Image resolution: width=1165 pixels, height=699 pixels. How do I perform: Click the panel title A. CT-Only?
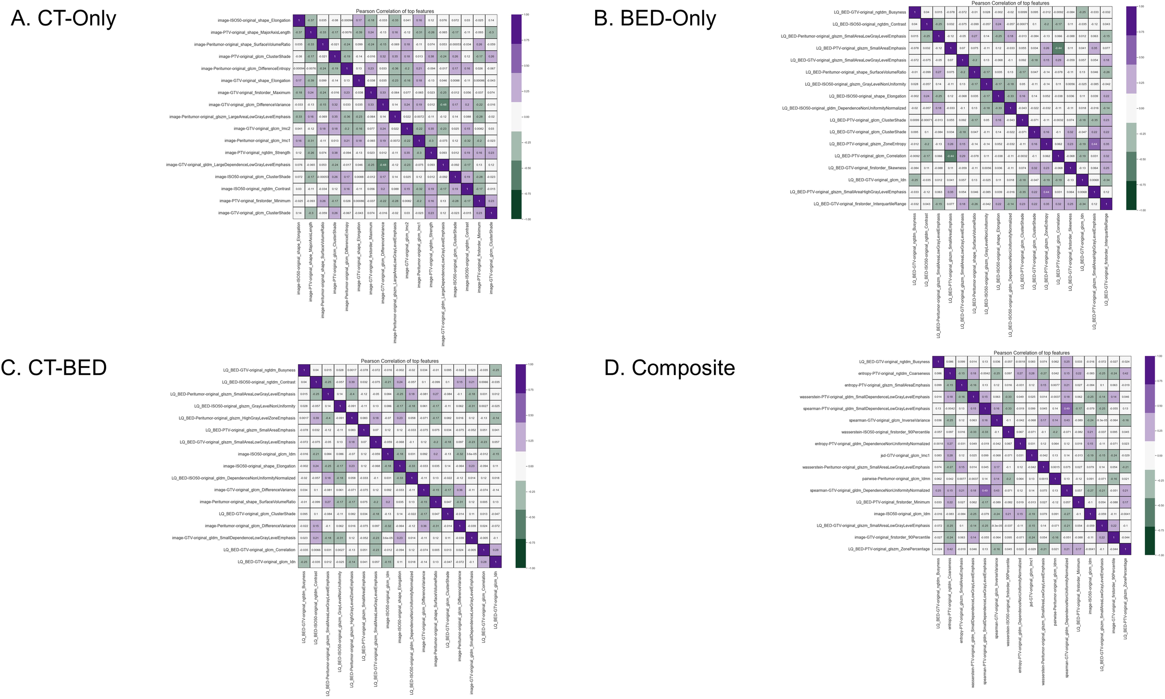tap(63, 19)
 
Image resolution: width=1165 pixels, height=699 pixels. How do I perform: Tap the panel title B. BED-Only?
tap(655, 19)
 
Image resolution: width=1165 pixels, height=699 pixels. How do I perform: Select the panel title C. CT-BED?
tap(54, 368)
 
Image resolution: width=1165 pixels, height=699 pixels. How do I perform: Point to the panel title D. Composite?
tap(669, 368)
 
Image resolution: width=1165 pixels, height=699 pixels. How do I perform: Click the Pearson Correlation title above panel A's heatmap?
tap(395, 11)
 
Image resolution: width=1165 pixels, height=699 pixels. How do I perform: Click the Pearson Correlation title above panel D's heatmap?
tap(1031, 353)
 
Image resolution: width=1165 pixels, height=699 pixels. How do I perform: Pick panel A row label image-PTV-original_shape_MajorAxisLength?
tap(250, 33)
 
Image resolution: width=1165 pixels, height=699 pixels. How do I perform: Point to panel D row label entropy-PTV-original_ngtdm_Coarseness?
tap(887, 374)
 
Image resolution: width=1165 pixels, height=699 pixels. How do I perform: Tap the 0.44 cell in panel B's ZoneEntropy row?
tap(1094, 144)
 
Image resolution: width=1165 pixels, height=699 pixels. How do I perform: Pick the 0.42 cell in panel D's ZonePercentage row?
tap(950, 549)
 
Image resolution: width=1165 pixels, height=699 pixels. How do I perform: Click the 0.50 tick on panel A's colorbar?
tap(526, 66)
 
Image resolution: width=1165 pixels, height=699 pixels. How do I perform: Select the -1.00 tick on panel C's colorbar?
tap(531, 568)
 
